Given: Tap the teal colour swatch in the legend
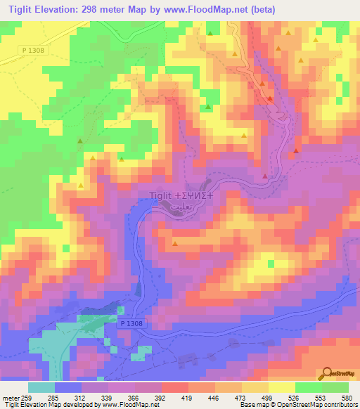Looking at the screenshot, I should click(x=41, y=388).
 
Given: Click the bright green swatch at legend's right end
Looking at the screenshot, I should click(x=335, y=388).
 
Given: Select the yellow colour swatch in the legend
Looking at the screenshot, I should click(x=282, y=388).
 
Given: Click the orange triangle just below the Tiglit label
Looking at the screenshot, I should click(x=174, y=244).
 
